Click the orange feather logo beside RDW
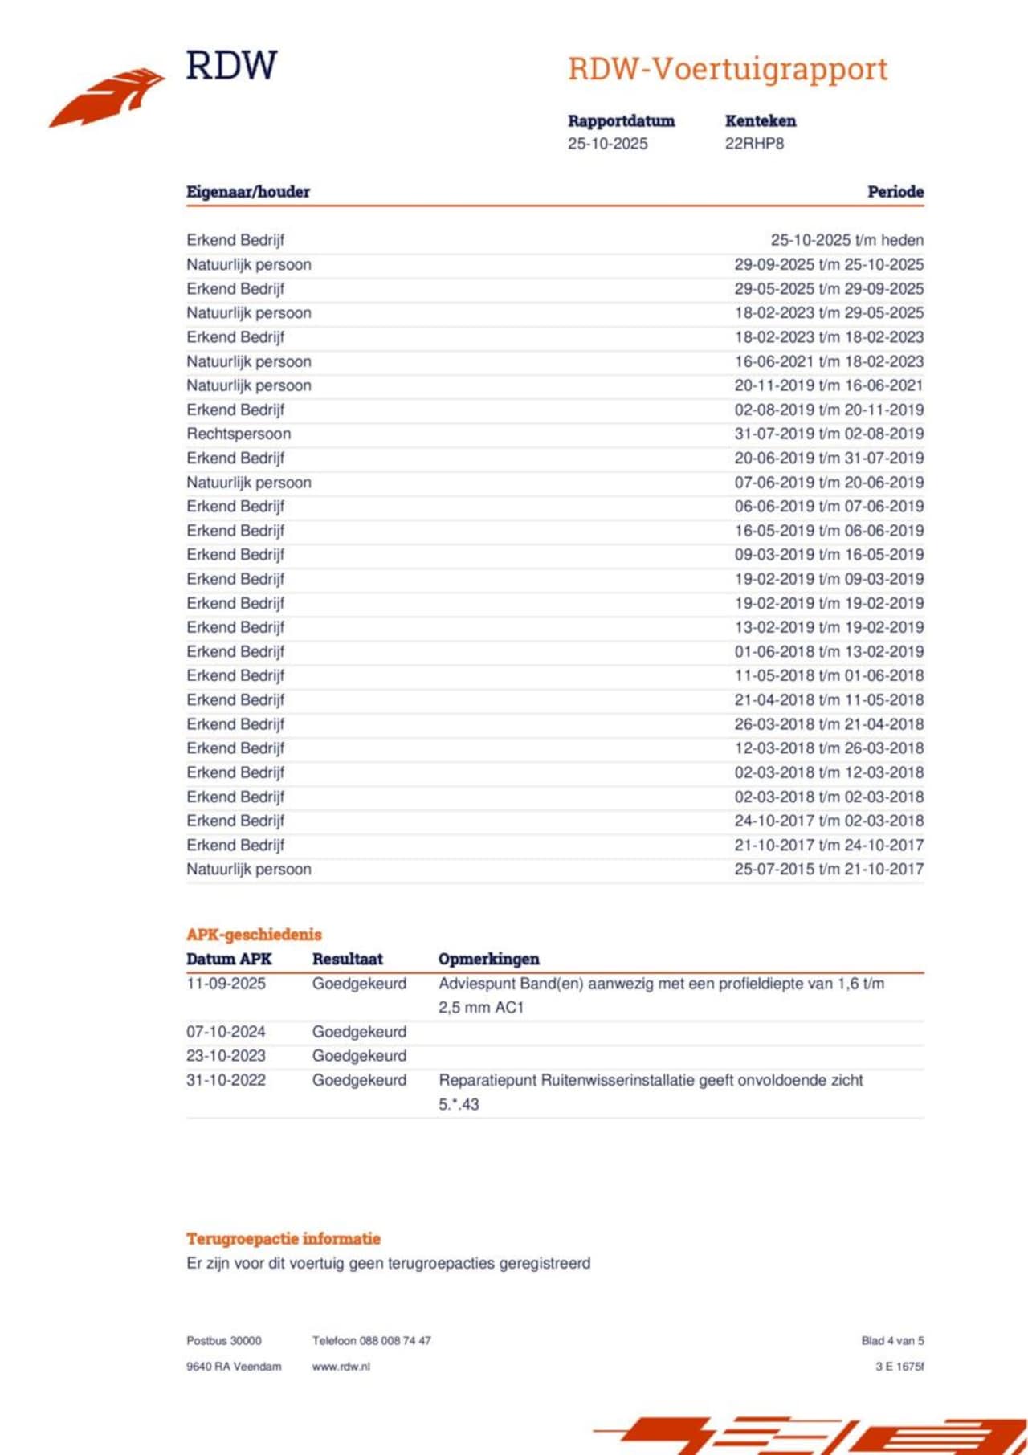(108, 97)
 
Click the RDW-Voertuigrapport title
(728, 69)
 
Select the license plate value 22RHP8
(754, 144)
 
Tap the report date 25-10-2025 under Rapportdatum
(607, 144)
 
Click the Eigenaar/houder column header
(248, 192)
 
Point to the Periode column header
(895, 192)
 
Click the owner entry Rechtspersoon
(239, 434)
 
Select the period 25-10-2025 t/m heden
(846, 240)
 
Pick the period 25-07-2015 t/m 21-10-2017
(829, 869)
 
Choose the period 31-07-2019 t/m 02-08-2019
(829, 434)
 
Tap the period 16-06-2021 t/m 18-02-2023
(829, 361)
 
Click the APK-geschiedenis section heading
(254, 935)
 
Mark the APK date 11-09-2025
(226, 984)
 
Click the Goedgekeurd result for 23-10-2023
(359, 1056)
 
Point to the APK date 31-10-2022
(226, 1080)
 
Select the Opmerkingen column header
(488, 959)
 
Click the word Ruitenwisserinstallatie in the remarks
(617, 1080)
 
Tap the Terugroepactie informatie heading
(284, 1238)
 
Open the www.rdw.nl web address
(341, 1367)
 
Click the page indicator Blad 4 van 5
(892, 1340)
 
